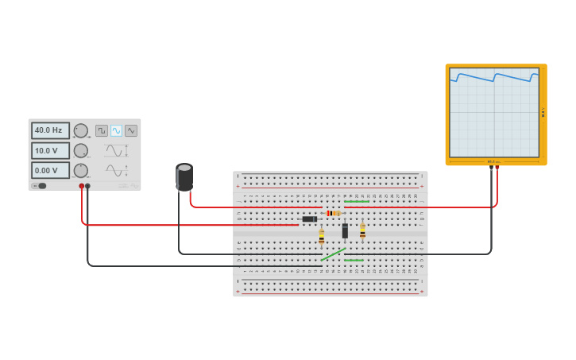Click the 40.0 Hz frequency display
[50, 130]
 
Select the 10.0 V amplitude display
[50, 150]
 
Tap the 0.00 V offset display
[50, 170]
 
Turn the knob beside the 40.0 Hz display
[81, 130]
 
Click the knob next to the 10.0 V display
[81, 150]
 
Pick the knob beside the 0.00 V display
[81, 170]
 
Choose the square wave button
[102, 130]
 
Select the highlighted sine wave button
[116, 130]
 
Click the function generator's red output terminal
[81, 186]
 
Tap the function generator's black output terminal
[87, 186]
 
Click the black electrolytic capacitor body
[184, 177]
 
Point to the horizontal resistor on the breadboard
[333, 213]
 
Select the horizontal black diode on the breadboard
[310, 219]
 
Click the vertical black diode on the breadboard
[345, 231]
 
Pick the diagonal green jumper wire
[333, 254]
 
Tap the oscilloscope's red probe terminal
[497, 168]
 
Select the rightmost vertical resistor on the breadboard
[362, 232]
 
